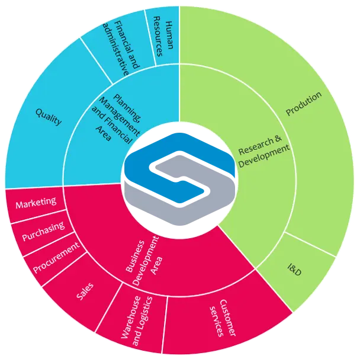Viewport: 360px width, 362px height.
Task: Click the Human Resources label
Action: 163,36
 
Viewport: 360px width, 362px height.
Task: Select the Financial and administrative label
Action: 121,48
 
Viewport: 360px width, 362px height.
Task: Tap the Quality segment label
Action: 49,117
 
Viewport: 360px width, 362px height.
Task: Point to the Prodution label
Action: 304,104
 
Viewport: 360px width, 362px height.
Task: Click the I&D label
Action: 294,270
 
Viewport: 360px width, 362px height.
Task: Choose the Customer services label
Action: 223,318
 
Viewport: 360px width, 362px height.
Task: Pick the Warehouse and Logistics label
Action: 137,321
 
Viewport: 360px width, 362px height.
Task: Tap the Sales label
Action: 85,291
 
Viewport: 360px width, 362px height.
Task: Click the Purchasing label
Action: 43,231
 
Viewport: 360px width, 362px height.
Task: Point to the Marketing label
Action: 36,203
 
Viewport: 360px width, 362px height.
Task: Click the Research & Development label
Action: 263,151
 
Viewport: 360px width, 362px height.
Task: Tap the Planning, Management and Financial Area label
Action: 116,118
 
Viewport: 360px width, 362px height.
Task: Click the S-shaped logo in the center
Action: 179,179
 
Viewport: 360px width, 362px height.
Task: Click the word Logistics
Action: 143,321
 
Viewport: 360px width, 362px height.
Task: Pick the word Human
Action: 169,35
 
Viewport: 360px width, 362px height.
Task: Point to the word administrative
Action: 116,49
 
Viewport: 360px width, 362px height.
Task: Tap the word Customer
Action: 227,318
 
